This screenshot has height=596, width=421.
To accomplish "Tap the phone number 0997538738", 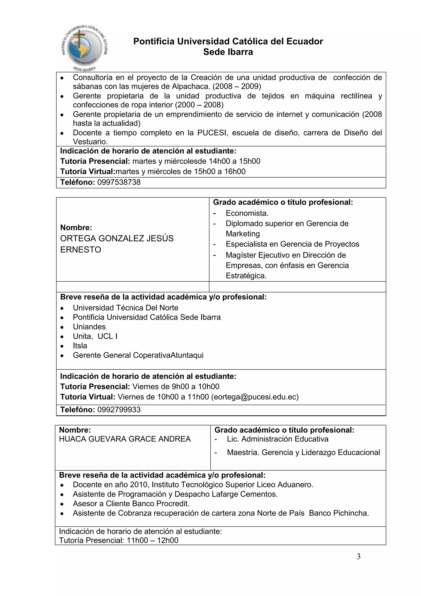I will [119, 182].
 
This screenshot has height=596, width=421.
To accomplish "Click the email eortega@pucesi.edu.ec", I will [255, 397].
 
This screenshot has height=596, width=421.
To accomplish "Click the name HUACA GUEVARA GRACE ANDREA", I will [125, 439].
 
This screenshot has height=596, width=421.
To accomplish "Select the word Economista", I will [247, 213].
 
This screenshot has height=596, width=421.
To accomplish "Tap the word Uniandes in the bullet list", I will [89, 327].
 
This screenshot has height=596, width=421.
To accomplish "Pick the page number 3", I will [359, 557].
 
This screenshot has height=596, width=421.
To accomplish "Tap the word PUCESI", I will [213, 133].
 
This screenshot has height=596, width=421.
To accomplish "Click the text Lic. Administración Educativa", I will [278, 439].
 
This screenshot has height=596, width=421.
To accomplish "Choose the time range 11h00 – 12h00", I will [153, 540].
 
